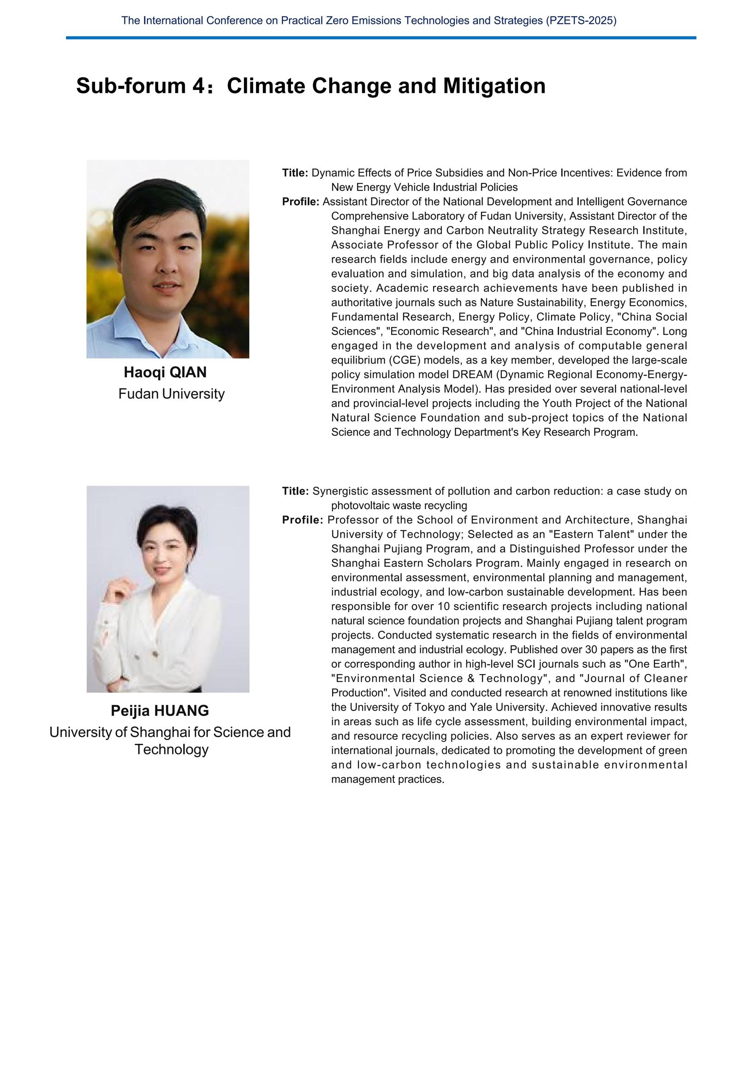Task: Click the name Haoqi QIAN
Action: point(165,372)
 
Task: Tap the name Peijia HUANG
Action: point(160,711)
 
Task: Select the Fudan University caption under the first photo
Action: point(171,394)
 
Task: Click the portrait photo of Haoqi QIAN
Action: point(168,259)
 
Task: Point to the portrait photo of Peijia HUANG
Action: point(168,588)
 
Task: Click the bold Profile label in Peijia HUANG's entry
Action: point(303,520)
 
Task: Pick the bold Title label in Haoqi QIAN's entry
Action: point(295,173)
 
